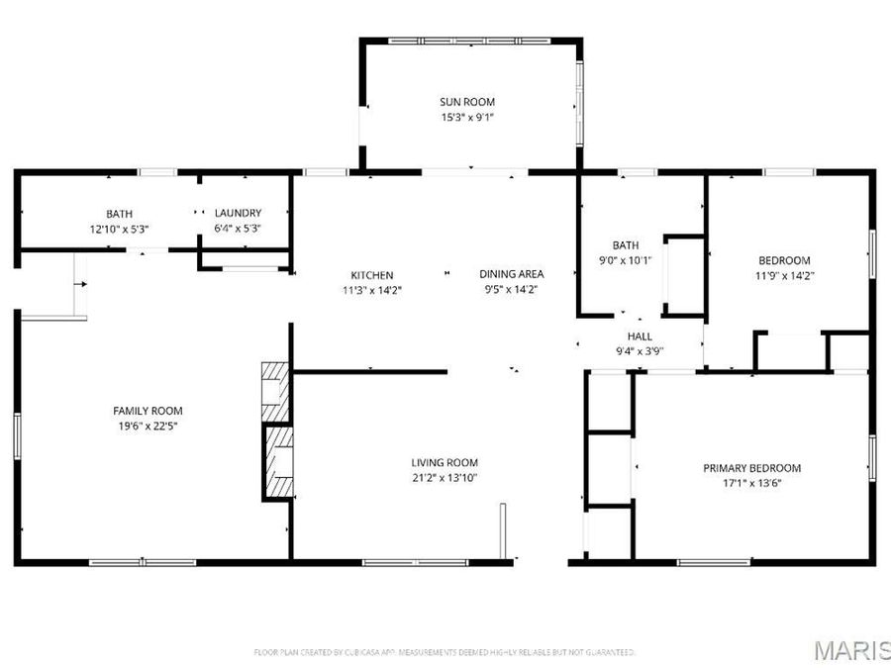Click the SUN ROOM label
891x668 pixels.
(467, 102)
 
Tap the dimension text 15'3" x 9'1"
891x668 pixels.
(467, 117)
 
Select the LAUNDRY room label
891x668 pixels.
(239, 213)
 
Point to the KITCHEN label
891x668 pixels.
(372, 275)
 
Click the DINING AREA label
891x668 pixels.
(512, 274)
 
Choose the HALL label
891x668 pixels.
(639, 336)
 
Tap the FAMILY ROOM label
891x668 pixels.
(148, 411)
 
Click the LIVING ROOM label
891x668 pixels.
(445, 462)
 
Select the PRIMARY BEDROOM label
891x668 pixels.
(751, 468)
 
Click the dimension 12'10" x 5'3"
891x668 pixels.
(120, 229)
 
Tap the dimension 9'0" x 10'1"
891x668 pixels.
(626, 261)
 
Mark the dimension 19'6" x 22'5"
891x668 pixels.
(148, 426)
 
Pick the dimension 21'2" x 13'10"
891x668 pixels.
(445, 478)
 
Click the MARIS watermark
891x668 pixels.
(849, 651)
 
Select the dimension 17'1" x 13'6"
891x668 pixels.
(751, 484)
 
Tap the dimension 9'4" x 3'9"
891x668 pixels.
(639, 351)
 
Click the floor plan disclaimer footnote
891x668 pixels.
(445, 652)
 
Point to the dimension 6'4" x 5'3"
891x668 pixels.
(239, 229)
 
